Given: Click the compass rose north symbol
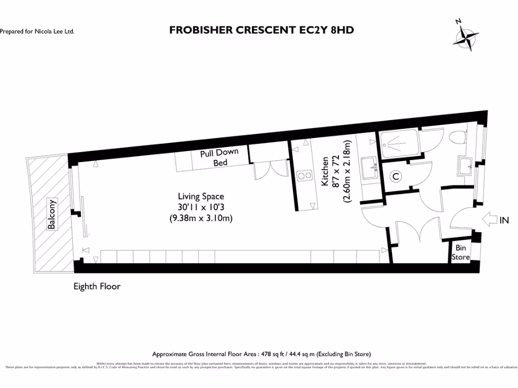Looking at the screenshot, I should click(468, 36).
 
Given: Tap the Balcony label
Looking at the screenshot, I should click(51, 214).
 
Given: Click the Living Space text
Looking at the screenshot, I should click(200, 196).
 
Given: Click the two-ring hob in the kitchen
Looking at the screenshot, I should click(305, 176).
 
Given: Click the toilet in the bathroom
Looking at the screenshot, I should click(458, 137).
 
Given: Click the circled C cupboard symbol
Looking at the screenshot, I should click(397, 176).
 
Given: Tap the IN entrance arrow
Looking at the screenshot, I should click(490, 220).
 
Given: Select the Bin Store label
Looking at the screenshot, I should click(460, 252).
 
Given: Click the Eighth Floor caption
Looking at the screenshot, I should click(97, 286).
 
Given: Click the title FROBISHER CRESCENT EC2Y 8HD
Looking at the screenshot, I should click(261, 30).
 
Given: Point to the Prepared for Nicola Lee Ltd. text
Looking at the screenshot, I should click(37, 31).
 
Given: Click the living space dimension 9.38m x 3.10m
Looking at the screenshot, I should click(200, 219).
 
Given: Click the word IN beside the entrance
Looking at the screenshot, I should click(504, 220).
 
